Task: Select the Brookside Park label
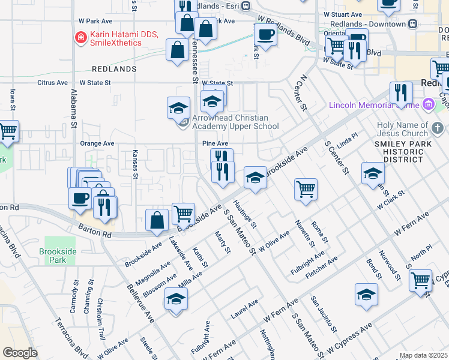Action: pyautogui.click(x=57, y=256)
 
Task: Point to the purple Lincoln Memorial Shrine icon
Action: pyautogui.click(x=428, y=106)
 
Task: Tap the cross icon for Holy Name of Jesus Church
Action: pyautogui.click(x=438, y=127)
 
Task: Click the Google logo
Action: pyautogui.click(x=20, y=352)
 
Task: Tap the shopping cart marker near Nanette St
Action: pyautogui.click(x=306, y=190)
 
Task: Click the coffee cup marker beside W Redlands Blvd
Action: pyautogui.click(x=265, y=35)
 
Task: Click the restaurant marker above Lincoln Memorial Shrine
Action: pyautogui.click(x=401, y=92)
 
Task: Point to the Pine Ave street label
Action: pyautogui.click(x=215, y=144)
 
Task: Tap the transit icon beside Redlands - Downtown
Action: pyautogui.click(x=412, y=24)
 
